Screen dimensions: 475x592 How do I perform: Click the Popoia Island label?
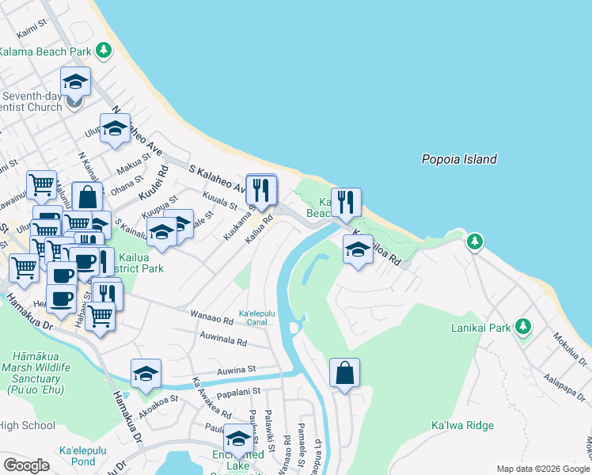(x=459, y=159)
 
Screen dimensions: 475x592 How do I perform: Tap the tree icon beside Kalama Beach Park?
(x=103, y=51)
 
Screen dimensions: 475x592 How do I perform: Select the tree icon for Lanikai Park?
(x=522, y=325)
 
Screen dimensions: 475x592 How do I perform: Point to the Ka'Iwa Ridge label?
(x=462, y=425)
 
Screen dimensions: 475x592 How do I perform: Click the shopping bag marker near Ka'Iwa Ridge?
(x=345, y=373)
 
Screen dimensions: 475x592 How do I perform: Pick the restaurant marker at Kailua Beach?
(x=346, y=203)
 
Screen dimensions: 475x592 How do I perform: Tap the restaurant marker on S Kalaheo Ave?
(x=261, y=190)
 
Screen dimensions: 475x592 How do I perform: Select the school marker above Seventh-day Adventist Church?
(x=75, y=82)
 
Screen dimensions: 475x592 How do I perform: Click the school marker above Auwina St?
(x=146, y=374)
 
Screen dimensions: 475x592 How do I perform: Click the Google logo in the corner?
(x=26, y=465)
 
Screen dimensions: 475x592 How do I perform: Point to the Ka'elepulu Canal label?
(x=257, y=317)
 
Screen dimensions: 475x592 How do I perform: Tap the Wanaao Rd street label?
(x=211, y=319)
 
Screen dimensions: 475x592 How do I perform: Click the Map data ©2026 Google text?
(x=543, y=469)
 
